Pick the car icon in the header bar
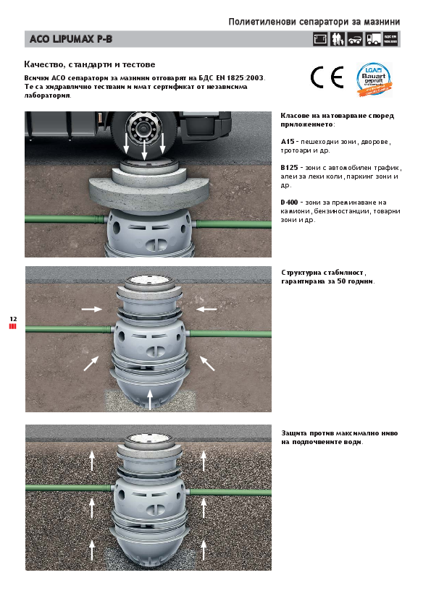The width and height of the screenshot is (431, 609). pos(355,40)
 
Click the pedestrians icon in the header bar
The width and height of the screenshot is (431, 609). pos(338,40)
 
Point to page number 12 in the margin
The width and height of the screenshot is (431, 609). pos(13,318)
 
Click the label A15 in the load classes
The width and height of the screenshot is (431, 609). pos(287,142)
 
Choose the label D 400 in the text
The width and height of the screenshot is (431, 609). pos(290,202)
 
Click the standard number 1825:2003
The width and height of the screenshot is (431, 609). pos(246,77)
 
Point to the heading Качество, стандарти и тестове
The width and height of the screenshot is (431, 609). pos(89,64)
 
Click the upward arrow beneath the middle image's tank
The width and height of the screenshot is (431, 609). pos(150,398)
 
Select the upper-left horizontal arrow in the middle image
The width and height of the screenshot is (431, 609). pos(91,309)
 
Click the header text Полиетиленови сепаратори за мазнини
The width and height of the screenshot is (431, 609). pos(314,22)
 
